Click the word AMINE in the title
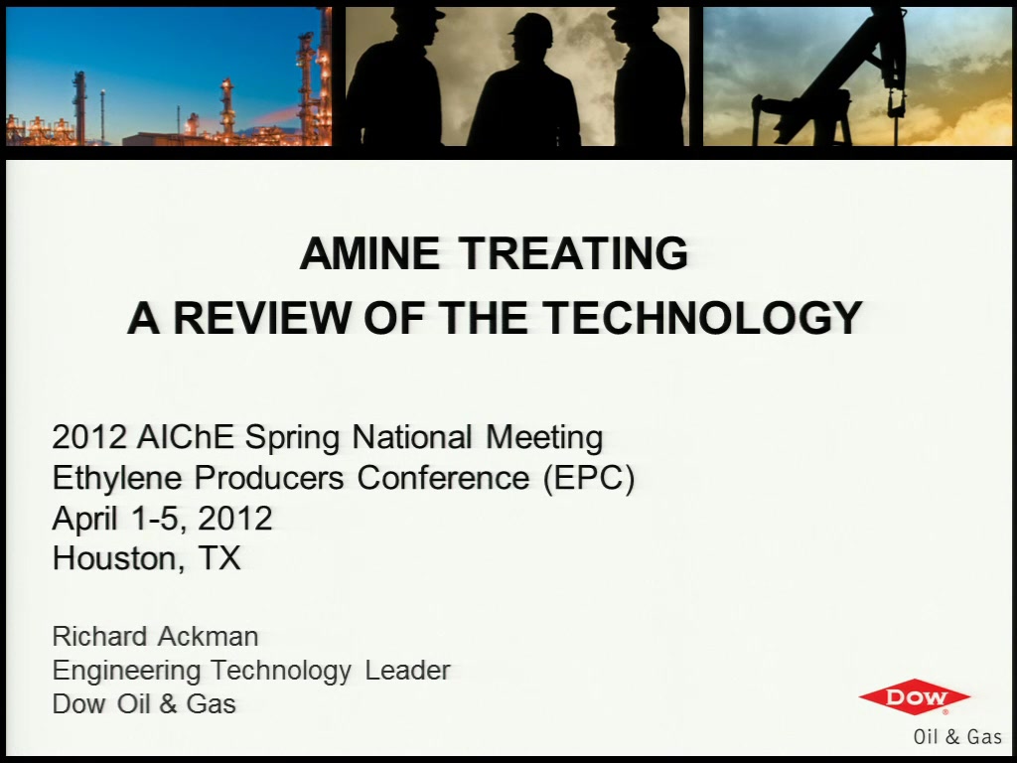369,253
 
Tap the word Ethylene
117,479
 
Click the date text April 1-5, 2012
162,519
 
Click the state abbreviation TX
219,558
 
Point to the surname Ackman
209,637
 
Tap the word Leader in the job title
407,671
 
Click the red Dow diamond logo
915,697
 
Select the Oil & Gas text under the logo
957,737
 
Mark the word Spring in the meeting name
292,438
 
